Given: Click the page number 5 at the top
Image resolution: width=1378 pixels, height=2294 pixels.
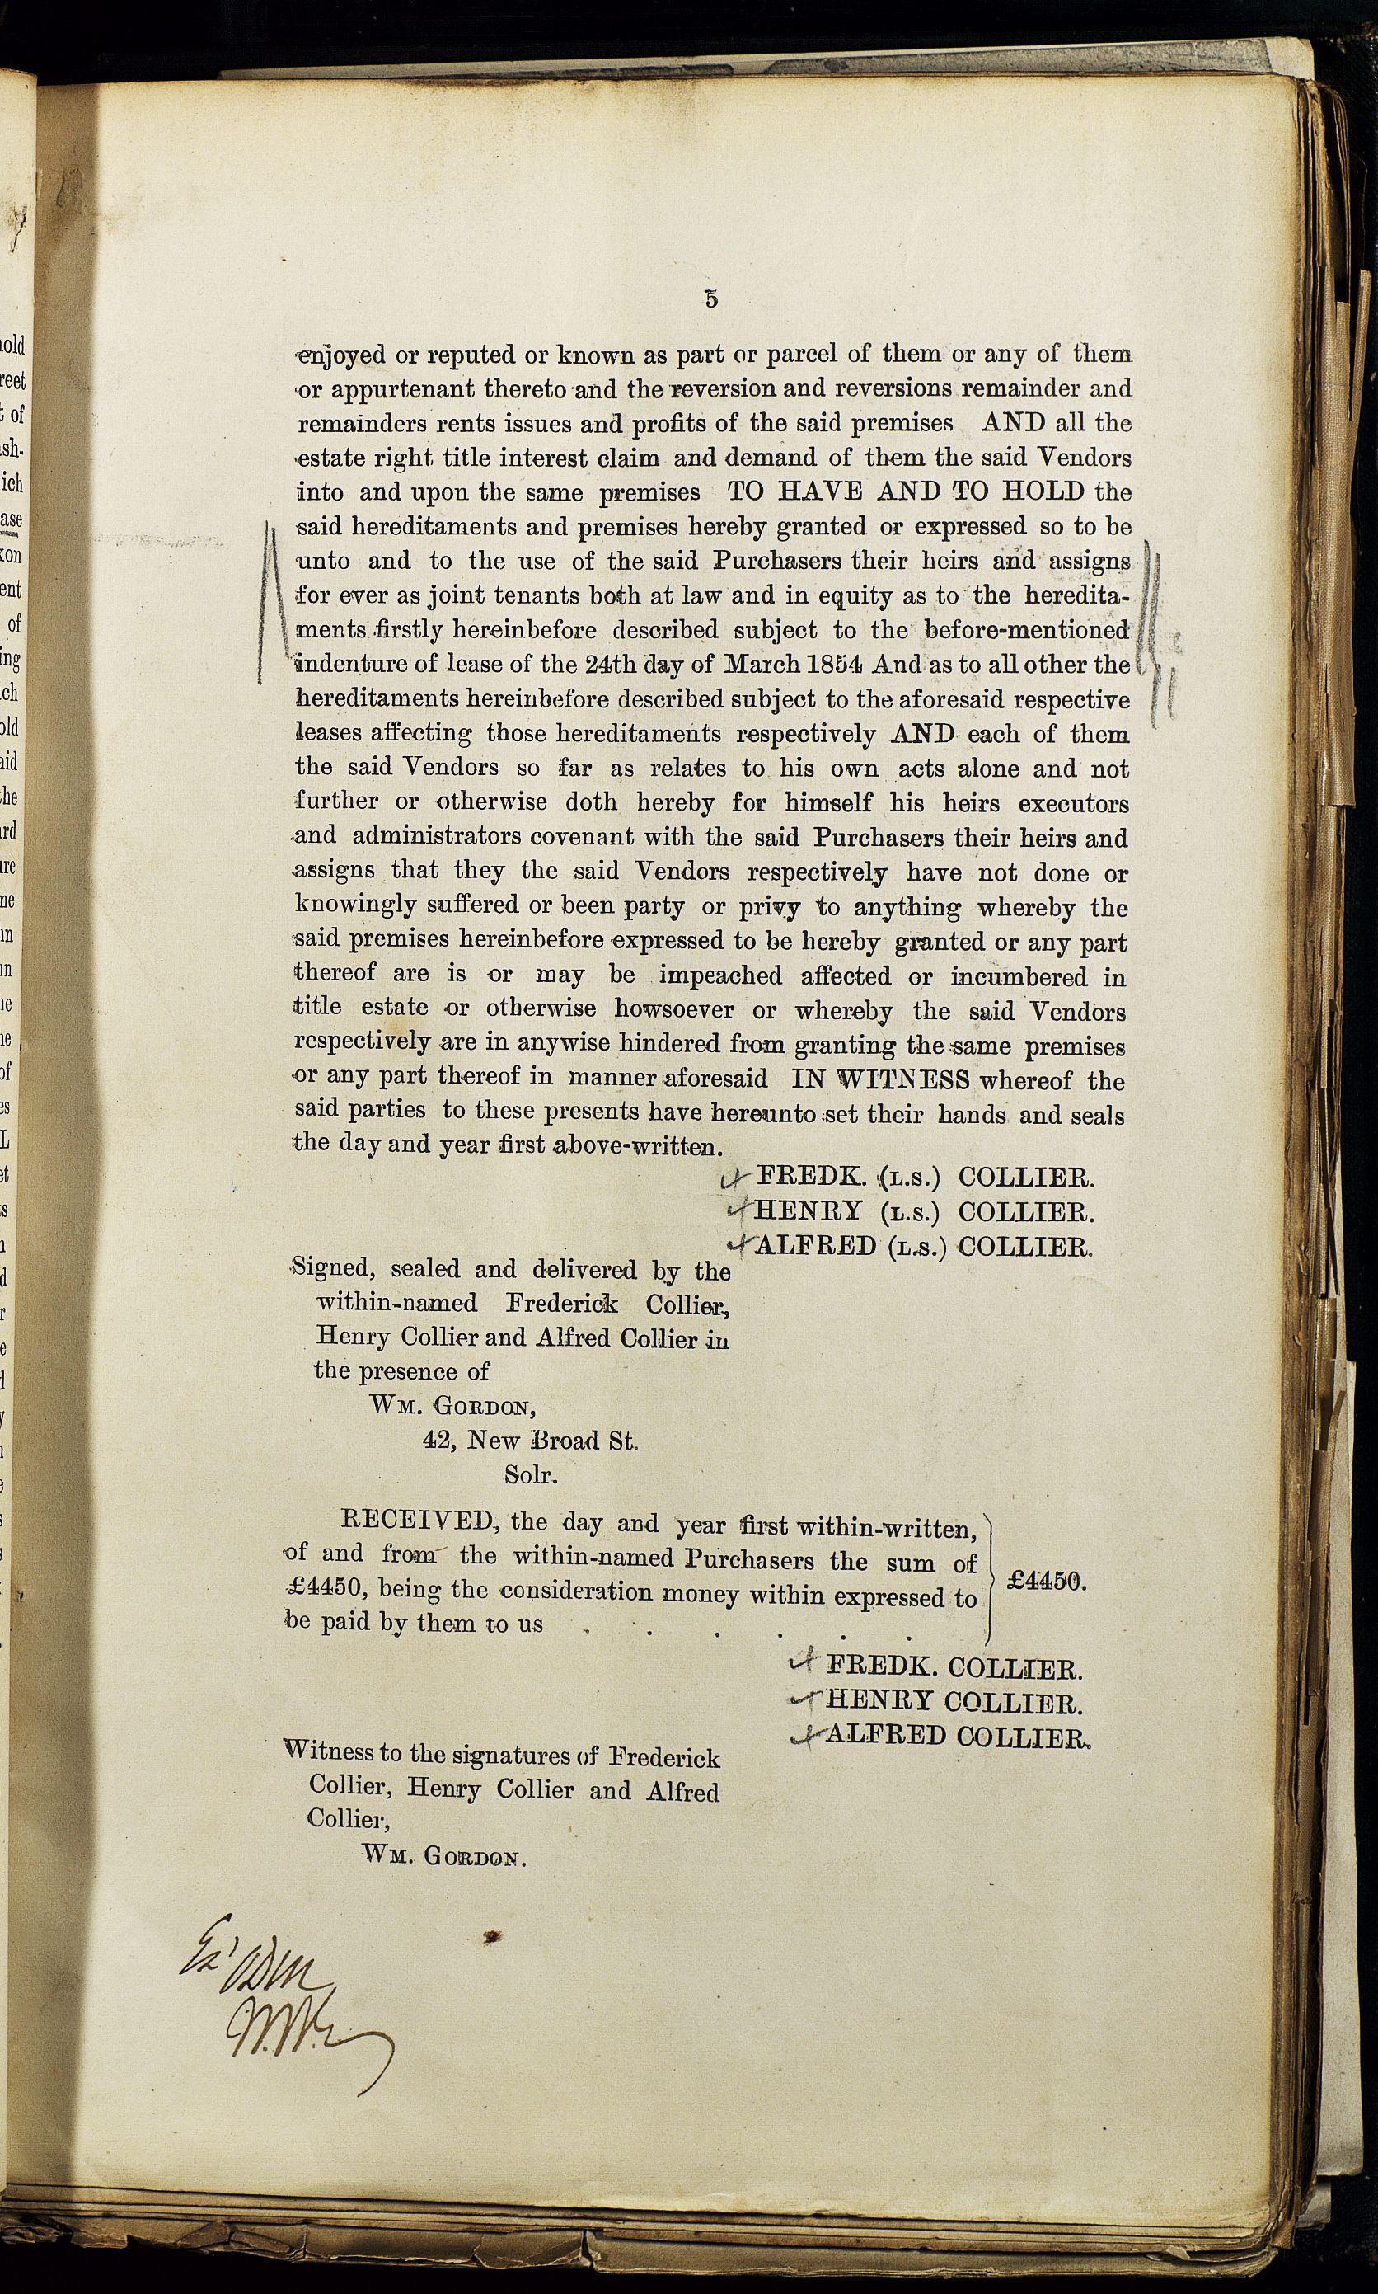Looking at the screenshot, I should (711, 299).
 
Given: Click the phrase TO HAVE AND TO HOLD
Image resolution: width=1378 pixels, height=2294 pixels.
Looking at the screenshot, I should (906, 491).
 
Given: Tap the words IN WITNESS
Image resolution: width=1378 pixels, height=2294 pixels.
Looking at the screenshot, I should (880, 1079).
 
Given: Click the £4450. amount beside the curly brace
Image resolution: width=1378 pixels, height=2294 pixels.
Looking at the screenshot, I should (1047, 1582).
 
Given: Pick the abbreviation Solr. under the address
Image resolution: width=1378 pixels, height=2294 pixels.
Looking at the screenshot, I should (531, 1474).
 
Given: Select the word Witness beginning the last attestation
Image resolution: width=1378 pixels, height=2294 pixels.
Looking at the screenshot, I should (326, 1753).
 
